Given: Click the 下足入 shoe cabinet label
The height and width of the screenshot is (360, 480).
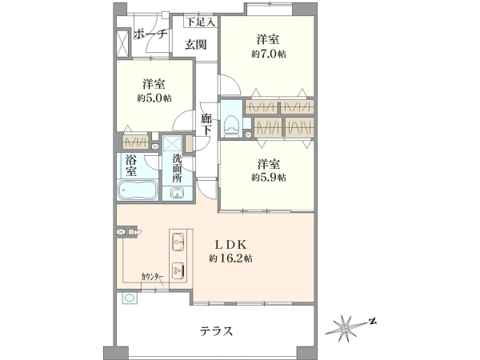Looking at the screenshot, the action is pyautogui.click(x=201, y=22).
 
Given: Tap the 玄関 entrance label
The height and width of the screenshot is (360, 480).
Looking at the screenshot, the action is pyautogui.click(x=195, y=45).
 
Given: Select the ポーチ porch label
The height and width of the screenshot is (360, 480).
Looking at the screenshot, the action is pyautogui.click(x=150, y=34).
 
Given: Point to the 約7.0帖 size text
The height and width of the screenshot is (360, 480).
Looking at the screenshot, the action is pyautogui.click(x=269, y=54).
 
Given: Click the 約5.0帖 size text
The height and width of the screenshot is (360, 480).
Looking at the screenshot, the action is pyautogui.click(x=154, y=98).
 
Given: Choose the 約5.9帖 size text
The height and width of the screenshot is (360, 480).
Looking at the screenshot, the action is pyautogui.click(x=269, y=178).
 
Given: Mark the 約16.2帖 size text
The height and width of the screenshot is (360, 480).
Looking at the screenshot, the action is pyautogui.click(x=231, y=258).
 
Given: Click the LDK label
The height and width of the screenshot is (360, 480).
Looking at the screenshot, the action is pyautogui.click(x=230, y=245).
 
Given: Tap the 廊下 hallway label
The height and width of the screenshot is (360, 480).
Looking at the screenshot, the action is pyautogui.click(x=206, y=125).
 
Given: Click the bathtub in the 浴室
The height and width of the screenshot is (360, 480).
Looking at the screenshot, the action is pyautogui.click(x=138, y=190).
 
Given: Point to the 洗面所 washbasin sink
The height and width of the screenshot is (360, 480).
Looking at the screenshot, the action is pyautogui.click(x=178, y=194).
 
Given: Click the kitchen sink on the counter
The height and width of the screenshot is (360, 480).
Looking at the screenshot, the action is pyautogui.click(x=178, y=242).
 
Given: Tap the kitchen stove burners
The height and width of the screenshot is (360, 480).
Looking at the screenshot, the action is pyautogui.click(x=178, y=270).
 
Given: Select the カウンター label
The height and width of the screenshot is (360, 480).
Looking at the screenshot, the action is pyautogui.click(x=152, y=277).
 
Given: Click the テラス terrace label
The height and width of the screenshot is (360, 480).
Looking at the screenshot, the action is pyautogui.click(x=217, y=331).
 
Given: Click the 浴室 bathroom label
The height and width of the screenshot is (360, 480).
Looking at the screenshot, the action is pyautogui.click(x=131, y=166).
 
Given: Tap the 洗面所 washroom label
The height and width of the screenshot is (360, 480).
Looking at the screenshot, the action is pyautogui.click(x=177, y=168).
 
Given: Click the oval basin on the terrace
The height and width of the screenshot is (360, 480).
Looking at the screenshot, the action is pyautogui.click(x=130, y=298).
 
